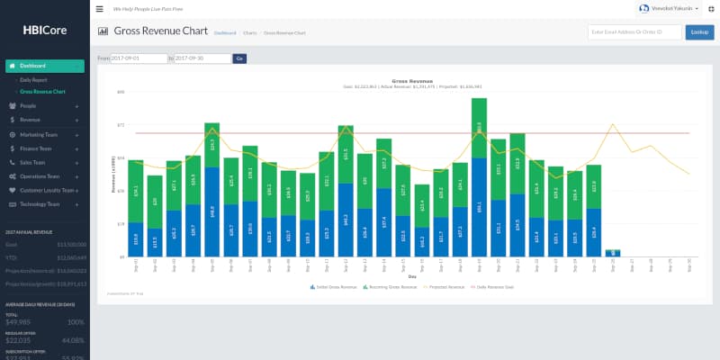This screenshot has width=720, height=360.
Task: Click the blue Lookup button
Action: tap(697, 32)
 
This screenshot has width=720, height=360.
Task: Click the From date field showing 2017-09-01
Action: tap(139, 58)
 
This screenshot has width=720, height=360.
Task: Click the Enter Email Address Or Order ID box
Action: tap(634, 32)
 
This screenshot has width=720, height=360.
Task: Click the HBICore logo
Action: tap(44, 29)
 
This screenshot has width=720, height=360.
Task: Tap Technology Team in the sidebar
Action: tap(41, 204)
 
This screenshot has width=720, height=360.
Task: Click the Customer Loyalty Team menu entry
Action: tap(47, 191)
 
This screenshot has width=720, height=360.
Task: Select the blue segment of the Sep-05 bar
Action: tap(211, 211)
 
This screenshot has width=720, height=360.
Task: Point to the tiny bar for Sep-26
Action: tap(613, 254)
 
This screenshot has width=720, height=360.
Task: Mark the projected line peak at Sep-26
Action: tap(613, 124)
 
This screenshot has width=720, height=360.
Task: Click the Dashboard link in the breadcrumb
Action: tap(224, 32)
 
